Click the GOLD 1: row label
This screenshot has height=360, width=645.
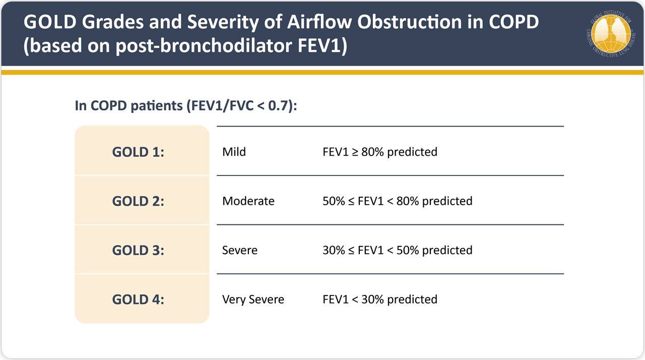[138, 152]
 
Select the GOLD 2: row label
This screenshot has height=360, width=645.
[138, 201]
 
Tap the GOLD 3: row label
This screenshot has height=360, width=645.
[138, 250]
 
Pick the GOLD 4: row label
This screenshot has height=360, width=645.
[138, 299]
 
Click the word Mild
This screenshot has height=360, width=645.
[234, 152]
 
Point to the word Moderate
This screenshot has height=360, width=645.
[248, 201]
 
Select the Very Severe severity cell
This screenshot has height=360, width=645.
[253, 299]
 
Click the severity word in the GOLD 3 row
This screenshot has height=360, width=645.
[240, 250]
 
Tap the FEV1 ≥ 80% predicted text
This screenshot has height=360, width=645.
[380, 152]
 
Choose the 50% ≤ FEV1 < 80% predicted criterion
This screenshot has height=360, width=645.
[398, 201]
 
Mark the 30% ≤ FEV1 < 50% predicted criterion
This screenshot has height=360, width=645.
[398, 251]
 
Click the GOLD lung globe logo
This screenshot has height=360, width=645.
[611, 34]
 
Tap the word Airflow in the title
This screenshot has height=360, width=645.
[319, 22]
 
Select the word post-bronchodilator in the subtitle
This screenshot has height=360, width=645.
[204, 45]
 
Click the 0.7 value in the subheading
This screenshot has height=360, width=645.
[278, 106]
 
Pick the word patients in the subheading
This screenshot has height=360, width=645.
[157, 106]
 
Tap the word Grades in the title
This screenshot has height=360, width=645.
[112, 22]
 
